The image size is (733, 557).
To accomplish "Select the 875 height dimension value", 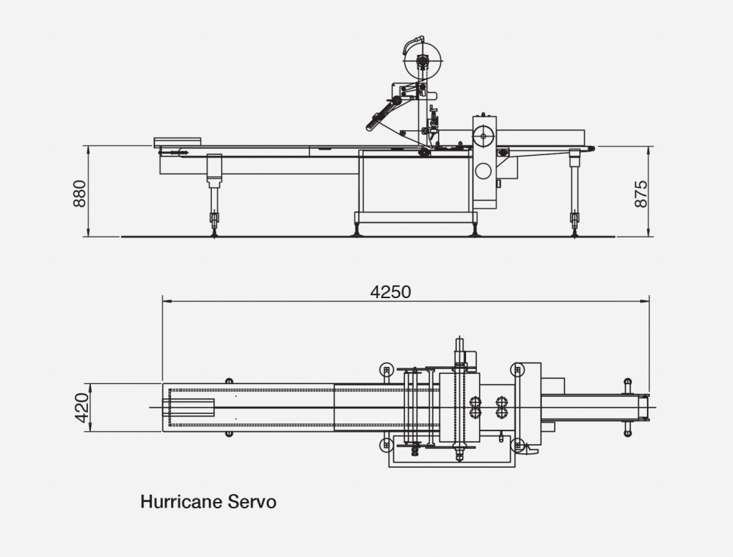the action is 641,193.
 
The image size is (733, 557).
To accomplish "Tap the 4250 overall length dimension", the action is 391,292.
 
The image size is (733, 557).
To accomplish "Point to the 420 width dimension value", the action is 82,408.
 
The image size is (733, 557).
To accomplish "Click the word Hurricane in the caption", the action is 180,501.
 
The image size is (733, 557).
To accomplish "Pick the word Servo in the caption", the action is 251,501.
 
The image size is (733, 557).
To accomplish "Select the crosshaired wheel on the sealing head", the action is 484,135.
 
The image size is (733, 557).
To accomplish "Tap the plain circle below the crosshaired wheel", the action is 483,171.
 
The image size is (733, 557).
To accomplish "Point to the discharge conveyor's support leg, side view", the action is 574,189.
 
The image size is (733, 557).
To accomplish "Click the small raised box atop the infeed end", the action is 179,142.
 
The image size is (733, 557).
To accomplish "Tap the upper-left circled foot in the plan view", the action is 387,369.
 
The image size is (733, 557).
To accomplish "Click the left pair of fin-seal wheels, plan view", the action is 475,407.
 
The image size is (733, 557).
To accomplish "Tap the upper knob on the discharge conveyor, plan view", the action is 628,383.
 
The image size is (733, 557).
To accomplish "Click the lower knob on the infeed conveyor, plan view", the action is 229,433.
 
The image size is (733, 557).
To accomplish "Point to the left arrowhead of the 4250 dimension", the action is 165,302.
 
